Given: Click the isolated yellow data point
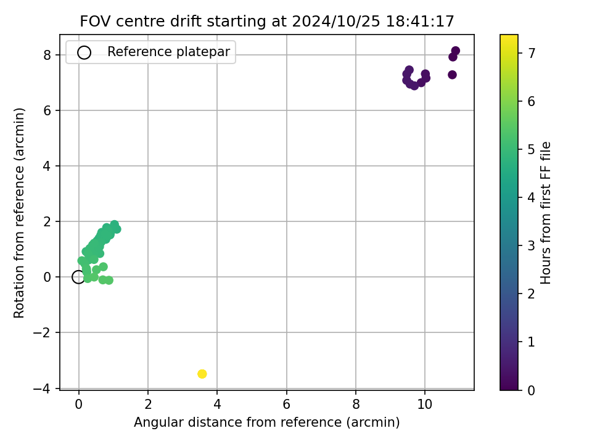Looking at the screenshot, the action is click(x=202, y=374).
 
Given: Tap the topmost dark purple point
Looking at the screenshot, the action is click(x=456, y=51).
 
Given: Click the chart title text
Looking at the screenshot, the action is click(x=267, y=21).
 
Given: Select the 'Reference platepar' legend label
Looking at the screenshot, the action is click(x=168, y=52).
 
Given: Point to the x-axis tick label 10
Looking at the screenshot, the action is click(x=425, y=405).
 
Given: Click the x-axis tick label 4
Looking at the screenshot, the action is click(x=217, y=405).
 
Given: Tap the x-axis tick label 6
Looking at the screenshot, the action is click(x=287, y=405).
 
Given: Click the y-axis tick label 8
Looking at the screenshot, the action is click(x=47, y=55).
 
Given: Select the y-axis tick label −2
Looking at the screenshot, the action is click(x=42, y=332).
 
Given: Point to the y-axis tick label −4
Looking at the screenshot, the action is click(x=42, y=388).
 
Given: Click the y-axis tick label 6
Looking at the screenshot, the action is click(x=47, y=110).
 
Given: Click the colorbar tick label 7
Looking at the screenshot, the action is click(x=532, y=53).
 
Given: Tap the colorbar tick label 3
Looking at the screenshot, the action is click(x=532, y=246).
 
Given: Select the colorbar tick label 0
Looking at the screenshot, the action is click(x=532, y=390).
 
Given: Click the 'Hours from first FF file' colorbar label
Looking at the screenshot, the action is click(x=546, y=213).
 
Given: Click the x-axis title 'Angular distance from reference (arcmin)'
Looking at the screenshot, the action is click(x=267, y=422).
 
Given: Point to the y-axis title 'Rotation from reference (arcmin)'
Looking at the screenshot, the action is click(x=19, y=213).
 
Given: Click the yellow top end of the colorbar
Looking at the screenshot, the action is click(x=509, y=36).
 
